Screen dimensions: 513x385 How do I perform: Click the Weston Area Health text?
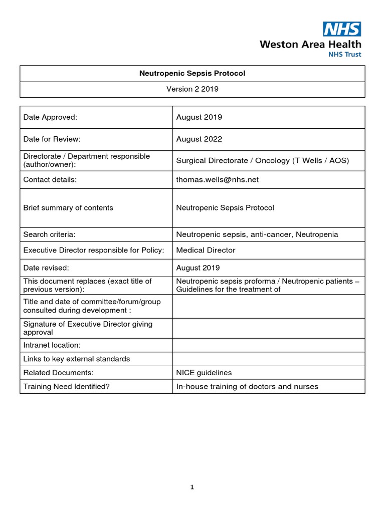coord(310,45)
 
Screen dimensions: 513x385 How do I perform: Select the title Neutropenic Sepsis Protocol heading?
coord(192,73)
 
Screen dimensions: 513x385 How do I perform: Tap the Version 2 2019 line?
coord(192,89)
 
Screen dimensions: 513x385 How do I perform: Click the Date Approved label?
coord(50,117)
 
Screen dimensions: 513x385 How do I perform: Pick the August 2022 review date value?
coord(199,139)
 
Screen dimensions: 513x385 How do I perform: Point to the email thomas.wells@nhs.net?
coord(217,179)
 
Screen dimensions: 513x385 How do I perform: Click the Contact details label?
coord(50,179)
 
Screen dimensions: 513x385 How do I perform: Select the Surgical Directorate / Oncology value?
coord(262,160)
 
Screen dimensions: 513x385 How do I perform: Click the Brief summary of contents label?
coord(68,207)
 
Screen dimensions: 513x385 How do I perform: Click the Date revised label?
coord(47,268)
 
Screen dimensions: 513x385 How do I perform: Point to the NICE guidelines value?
coord(204,372)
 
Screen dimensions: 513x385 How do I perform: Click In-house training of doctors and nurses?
coord(247,386)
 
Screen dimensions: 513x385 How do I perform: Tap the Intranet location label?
coord(52,345)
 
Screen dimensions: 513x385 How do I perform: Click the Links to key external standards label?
coord(77,359)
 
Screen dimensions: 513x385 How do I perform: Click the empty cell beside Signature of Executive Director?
coord(268,328)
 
